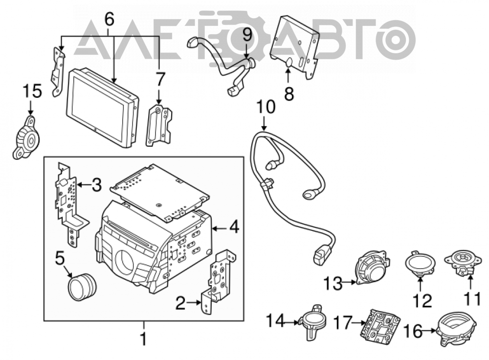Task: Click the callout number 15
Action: click(x=32, y=92)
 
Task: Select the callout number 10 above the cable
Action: click(x=266, y=107)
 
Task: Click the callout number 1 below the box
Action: click(x=143, y=339)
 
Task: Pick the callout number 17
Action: click(x=343, y=323)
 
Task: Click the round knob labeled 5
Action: click(x=82, y=287)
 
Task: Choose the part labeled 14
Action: click(x=312, y=322)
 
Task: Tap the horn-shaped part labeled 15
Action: click(x=27, y=137)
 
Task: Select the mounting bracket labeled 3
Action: click(x=70, y=204)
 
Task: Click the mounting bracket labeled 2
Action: click(x=218, y=281)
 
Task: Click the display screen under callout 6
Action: click(x=103, y=108)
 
